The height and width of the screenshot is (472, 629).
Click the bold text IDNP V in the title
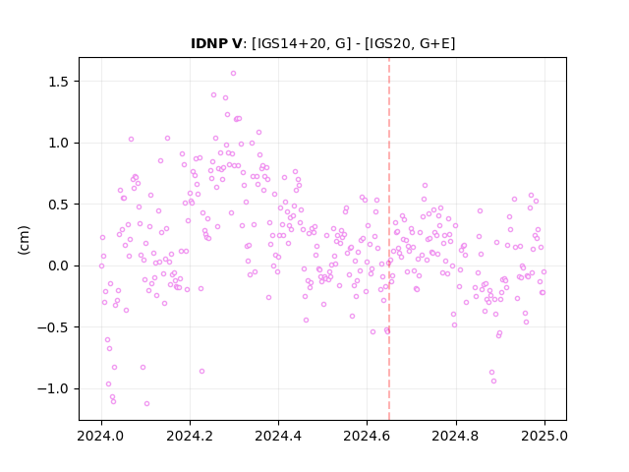tap(216, 43)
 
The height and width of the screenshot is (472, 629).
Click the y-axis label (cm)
tap(24, 240)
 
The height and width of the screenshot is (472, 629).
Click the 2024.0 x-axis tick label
tap(101, 436)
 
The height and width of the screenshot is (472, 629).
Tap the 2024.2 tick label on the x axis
tap(190, 436)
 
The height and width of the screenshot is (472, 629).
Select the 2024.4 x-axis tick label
tap(278, 436)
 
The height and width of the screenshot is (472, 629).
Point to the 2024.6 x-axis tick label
tap(367, 436)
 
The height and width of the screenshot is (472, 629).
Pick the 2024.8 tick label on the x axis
tap(456, 436)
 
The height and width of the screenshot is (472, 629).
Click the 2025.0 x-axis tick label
tap(544, 436)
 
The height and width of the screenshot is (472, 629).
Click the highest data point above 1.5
tap(233, 74)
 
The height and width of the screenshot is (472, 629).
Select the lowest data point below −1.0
tap(146, 403)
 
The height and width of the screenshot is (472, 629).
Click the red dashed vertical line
tap(389, 239)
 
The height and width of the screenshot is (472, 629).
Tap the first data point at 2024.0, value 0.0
tap(101, 265)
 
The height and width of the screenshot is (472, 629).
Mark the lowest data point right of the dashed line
tap(493, 381)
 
